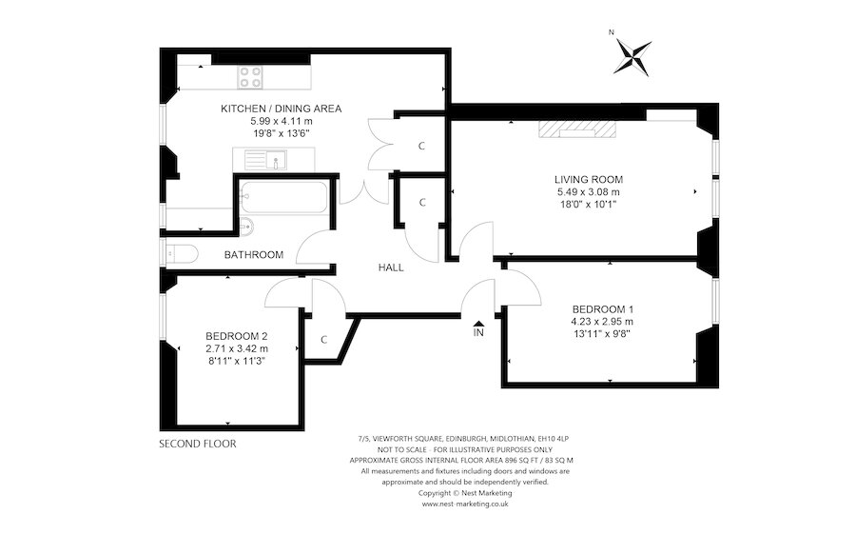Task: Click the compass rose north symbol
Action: pyautogui.click(x=632, y=54)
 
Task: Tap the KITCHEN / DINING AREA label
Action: pyautogui.click(x=281, y=109)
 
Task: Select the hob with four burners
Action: pyautogui.click(x=251, y=75)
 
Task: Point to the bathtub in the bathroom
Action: pyautogui.click(x=282, y=199)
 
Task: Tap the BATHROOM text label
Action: pyautogui.click(x=254, y=255)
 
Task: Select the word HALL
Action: pyautogui.click(x=390, y=267)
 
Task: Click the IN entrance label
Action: pyautogui.click(x=478, y=333)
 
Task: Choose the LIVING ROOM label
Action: pyautogui.click(x=589, y=179)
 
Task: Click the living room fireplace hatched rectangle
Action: pyautogui.click(x=578, y=129)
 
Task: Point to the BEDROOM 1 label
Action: pyautogui.click(x=602, y=309)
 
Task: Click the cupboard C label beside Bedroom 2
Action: pyautogui.click(x=323, y=339)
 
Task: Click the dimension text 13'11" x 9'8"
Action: pyautogui.click(x=602, y=334)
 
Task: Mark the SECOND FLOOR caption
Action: pyautogui.click(x=197, y=444)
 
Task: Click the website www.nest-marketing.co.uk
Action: pyautogui.click(x=465, y=504)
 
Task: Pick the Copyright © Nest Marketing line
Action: pyautogui.click(x=465, y=493)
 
